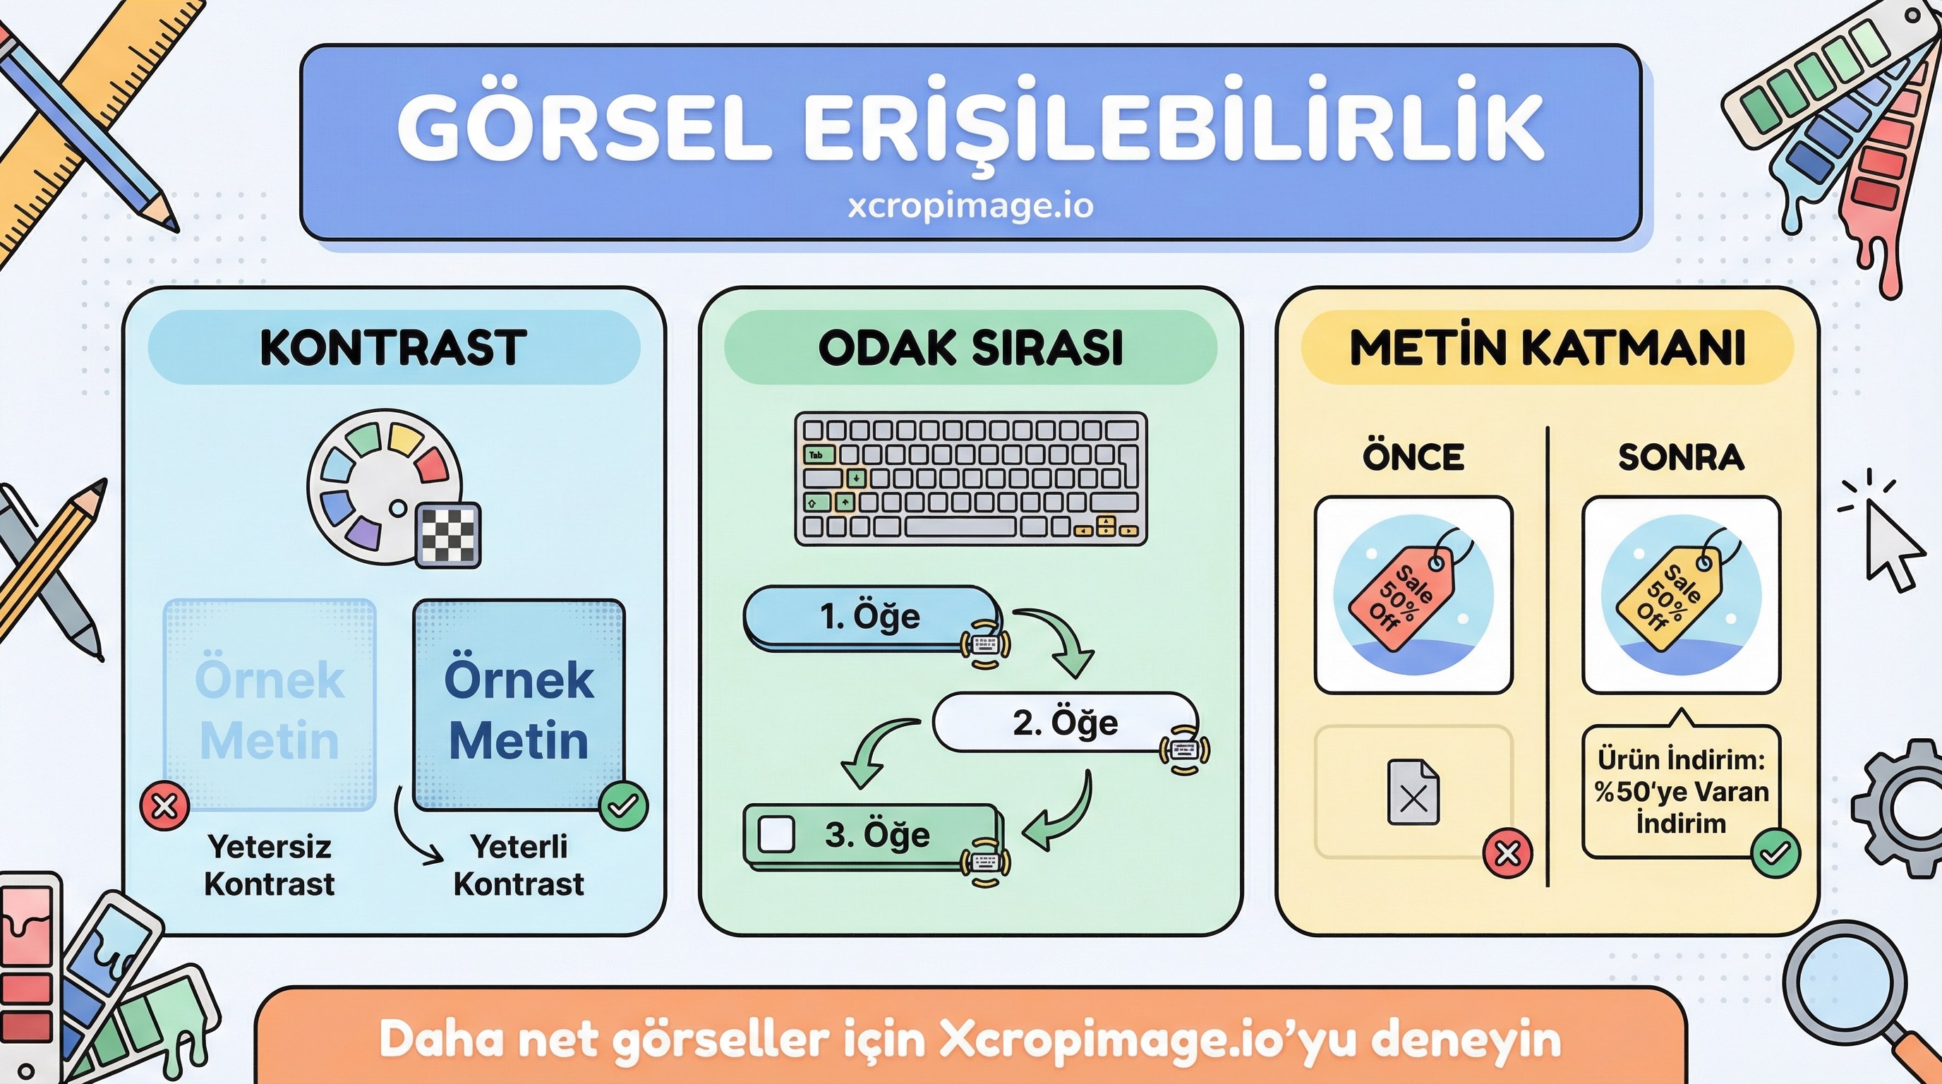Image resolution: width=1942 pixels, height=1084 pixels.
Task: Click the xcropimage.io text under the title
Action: click(x=970, y=206)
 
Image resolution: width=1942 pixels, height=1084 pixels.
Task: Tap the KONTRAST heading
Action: click(x=393, y=347)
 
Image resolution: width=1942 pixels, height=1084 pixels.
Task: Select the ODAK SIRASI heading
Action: click(x=970, y=347)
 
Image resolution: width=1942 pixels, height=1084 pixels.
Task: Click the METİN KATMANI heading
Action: click(x=1547, y=347)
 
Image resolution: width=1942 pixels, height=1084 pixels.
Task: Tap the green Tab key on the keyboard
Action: click(x=819, y=454)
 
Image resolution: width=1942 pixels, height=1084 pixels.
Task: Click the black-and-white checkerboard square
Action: click(x=449, y=534)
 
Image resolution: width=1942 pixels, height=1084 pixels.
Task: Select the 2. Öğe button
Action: click(x=1064, y=722)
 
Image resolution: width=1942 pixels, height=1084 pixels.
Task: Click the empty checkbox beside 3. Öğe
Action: click(x=776, y=833)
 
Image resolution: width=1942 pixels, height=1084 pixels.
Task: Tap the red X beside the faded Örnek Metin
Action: click(x=165, y=806)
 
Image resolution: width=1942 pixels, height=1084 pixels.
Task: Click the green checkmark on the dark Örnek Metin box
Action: click(x=624, y=806)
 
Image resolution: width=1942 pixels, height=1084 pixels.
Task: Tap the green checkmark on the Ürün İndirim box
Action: click(x=1775, y=853)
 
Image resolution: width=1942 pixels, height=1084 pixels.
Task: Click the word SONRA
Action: click(x=1680, y=457)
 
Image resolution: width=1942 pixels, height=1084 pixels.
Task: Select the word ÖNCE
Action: click(x=1413, y=457)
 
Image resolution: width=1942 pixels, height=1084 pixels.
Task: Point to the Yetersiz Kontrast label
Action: click(x=269, y=865)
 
